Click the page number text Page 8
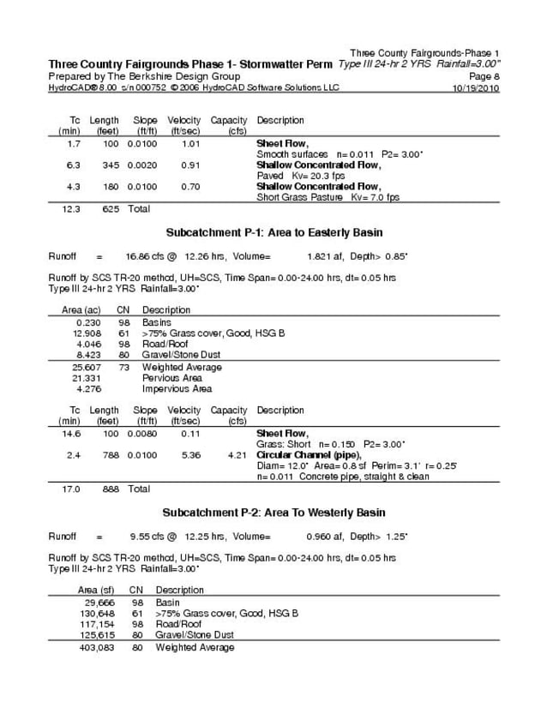click(x=484, y=76)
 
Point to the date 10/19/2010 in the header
click(x=475, y=88)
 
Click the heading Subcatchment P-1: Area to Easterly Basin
click(x=273, y=232)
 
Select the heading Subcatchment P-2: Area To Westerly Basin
click(x=273, y=513)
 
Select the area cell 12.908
click(x=87, y=333)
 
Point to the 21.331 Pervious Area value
click(x=87, y=377)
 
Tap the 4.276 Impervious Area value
click(x=89, y=388)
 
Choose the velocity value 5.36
click(x=190, y=455)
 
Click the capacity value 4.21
click(x=237, y=455)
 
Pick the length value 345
click(x=111, y=165)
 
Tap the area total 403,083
click(x=96, y=647)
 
